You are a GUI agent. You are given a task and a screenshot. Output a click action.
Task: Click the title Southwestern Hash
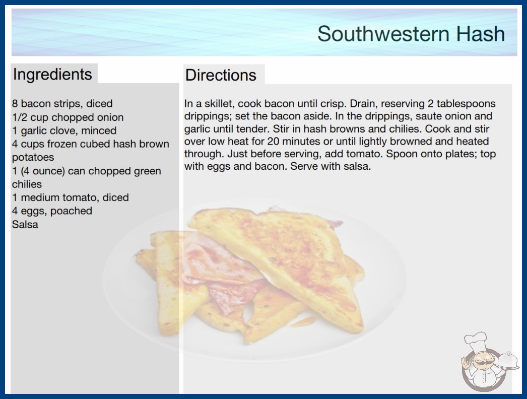411,34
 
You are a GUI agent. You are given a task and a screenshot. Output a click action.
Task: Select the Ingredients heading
52,74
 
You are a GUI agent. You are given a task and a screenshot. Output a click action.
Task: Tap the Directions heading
221,75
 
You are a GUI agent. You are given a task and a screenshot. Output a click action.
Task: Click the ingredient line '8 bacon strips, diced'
62,104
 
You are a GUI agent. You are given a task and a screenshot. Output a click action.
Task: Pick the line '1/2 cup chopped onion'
68,117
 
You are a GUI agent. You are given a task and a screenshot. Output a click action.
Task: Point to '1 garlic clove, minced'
64,130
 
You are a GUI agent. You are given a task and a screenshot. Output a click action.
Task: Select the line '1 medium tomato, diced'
71,197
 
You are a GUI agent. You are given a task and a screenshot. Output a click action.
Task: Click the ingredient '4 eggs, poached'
52,211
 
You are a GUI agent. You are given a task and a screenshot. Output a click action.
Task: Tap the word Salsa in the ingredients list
25,224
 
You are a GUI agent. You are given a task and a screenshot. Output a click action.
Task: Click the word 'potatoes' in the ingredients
33,157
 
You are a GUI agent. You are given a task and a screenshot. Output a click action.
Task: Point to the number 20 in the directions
273,141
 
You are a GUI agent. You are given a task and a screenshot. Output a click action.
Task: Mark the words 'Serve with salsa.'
331,166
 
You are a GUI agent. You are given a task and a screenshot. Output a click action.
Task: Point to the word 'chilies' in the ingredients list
27,184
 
